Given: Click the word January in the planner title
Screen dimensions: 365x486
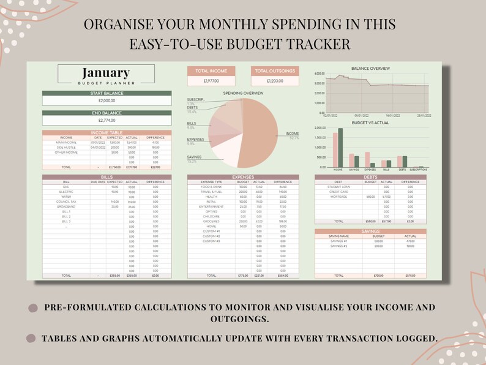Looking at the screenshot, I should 106,73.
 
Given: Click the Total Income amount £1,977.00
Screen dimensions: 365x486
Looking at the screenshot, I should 211,81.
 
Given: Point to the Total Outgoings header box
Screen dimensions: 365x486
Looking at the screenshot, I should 275,71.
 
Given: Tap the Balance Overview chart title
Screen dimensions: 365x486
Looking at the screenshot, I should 370,69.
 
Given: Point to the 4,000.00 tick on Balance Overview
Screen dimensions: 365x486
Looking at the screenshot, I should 319,74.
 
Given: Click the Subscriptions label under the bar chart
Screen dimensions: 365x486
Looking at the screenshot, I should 419,170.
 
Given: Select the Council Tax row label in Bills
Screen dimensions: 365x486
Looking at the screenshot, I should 66,201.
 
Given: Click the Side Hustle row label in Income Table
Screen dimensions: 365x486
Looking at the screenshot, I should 66,148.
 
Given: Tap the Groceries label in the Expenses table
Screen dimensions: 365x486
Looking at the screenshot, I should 211,221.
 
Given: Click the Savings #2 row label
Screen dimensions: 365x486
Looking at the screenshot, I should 338,246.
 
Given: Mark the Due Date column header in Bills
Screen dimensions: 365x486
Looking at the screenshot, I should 98,182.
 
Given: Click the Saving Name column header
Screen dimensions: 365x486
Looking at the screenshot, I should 338,236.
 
